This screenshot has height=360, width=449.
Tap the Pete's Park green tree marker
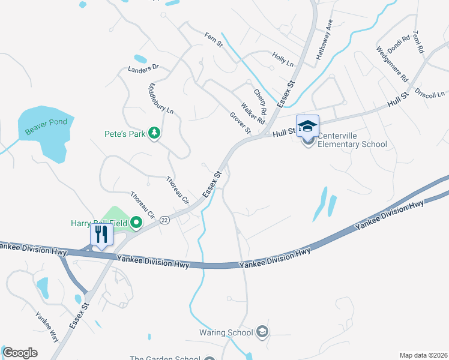point(155,133)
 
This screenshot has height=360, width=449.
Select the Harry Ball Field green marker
point(136,223)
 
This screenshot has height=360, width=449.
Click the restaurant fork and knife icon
point(101,233)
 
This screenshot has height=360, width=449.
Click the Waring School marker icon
point(262,332)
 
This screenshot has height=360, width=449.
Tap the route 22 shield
point(164,220)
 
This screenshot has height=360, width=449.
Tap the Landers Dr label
point(143,68)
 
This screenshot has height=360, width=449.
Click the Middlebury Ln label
point(160,99)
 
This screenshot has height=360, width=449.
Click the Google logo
point(20,353)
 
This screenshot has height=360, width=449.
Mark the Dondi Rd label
point(399,43)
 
